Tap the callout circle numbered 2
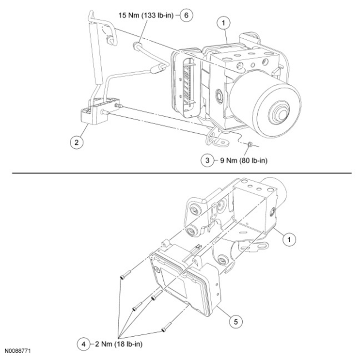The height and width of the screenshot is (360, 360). (x=76, y=142)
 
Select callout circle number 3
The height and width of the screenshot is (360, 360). (x=207, y=160)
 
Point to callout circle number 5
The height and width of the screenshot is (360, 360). (x=235, y=320)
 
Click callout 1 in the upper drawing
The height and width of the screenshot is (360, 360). (x=223, y=22)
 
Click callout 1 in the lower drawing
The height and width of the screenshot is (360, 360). (x=289, y=239)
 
